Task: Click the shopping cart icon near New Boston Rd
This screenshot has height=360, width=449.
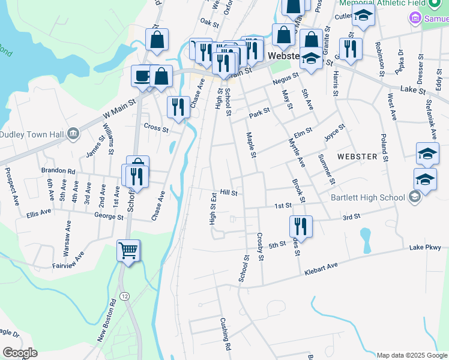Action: click(x=128, y=251)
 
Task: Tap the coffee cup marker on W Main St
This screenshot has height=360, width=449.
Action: click(x=142, y=76)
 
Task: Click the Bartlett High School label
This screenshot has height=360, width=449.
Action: click(x=367, y=197)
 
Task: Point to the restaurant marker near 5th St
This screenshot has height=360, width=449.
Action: click(x=300, y=226)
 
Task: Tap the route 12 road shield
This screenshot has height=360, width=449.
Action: click(x=124, y=296)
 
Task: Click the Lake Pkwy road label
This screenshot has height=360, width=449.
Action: click(x=425, y=247)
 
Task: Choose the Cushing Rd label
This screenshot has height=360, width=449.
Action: click(x=225, y=334)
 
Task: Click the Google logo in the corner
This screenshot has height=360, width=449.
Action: click(x=20, y=353)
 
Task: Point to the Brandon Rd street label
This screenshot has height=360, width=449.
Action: click(x=58, y=170)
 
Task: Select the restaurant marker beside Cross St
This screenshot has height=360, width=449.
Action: click(x=178, y=107)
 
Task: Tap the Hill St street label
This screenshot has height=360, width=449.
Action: click(x=229, y=193)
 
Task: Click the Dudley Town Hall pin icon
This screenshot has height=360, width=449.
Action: click(x=73, y=133)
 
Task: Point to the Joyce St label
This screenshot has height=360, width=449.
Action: click(x=334, y=131)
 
